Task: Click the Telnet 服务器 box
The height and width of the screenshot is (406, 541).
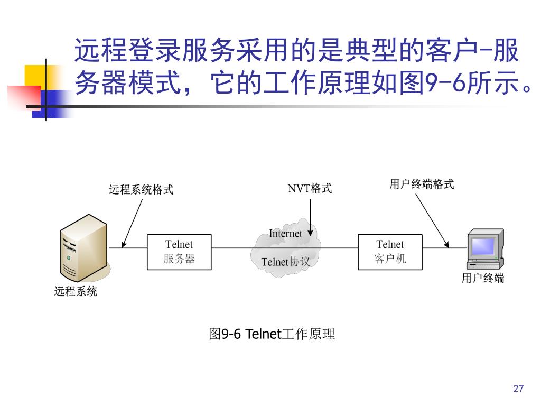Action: point(179,252)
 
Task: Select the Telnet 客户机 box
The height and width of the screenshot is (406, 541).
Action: point(390,252)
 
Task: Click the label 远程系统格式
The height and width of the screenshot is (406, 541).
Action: point(141,190)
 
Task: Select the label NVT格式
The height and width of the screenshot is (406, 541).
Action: point(310,189)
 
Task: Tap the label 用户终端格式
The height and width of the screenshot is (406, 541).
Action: point(422,184)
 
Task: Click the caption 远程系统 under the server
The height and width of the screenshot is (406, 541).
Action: point(76,291)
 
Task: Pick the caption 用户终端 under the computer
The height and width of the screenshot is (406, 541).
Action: point(483,279)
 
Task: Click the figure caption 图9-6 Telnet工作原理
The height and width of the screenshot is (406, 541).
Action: point(272,334)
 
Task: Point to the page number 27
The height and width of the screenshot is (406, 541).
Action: point(518,389)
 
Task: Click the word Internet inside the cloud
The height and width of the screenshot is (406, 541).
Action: point(285,234)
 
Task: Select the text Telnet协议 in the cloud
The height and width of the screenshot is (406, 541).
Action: point(285,262)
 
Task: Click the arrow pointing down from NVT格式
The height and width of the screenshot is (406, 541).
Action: point(310,217)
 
